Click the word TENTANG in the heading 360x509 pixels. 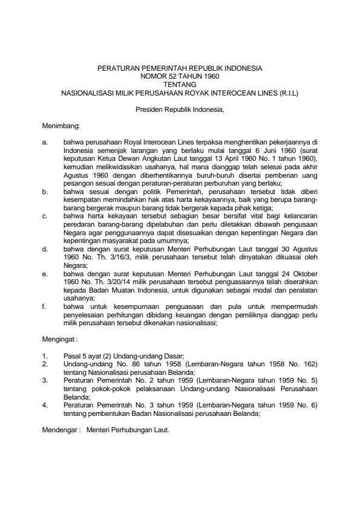pyautogui.click(x=180, y=86)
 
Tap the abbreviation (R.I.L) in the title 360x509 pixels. pyautogui.click(x=287, y=94)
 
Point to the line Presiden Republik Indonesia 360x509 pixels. pyautogui.click(x=180, y=110)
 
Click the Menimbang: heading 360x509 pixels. pyautogui.click(x=56, y=126)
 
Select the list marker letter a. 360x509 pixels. pyautogui.click(x=45, y=143)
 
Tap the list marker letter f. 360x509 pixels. pyautogui.click(x=45, y=306)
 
